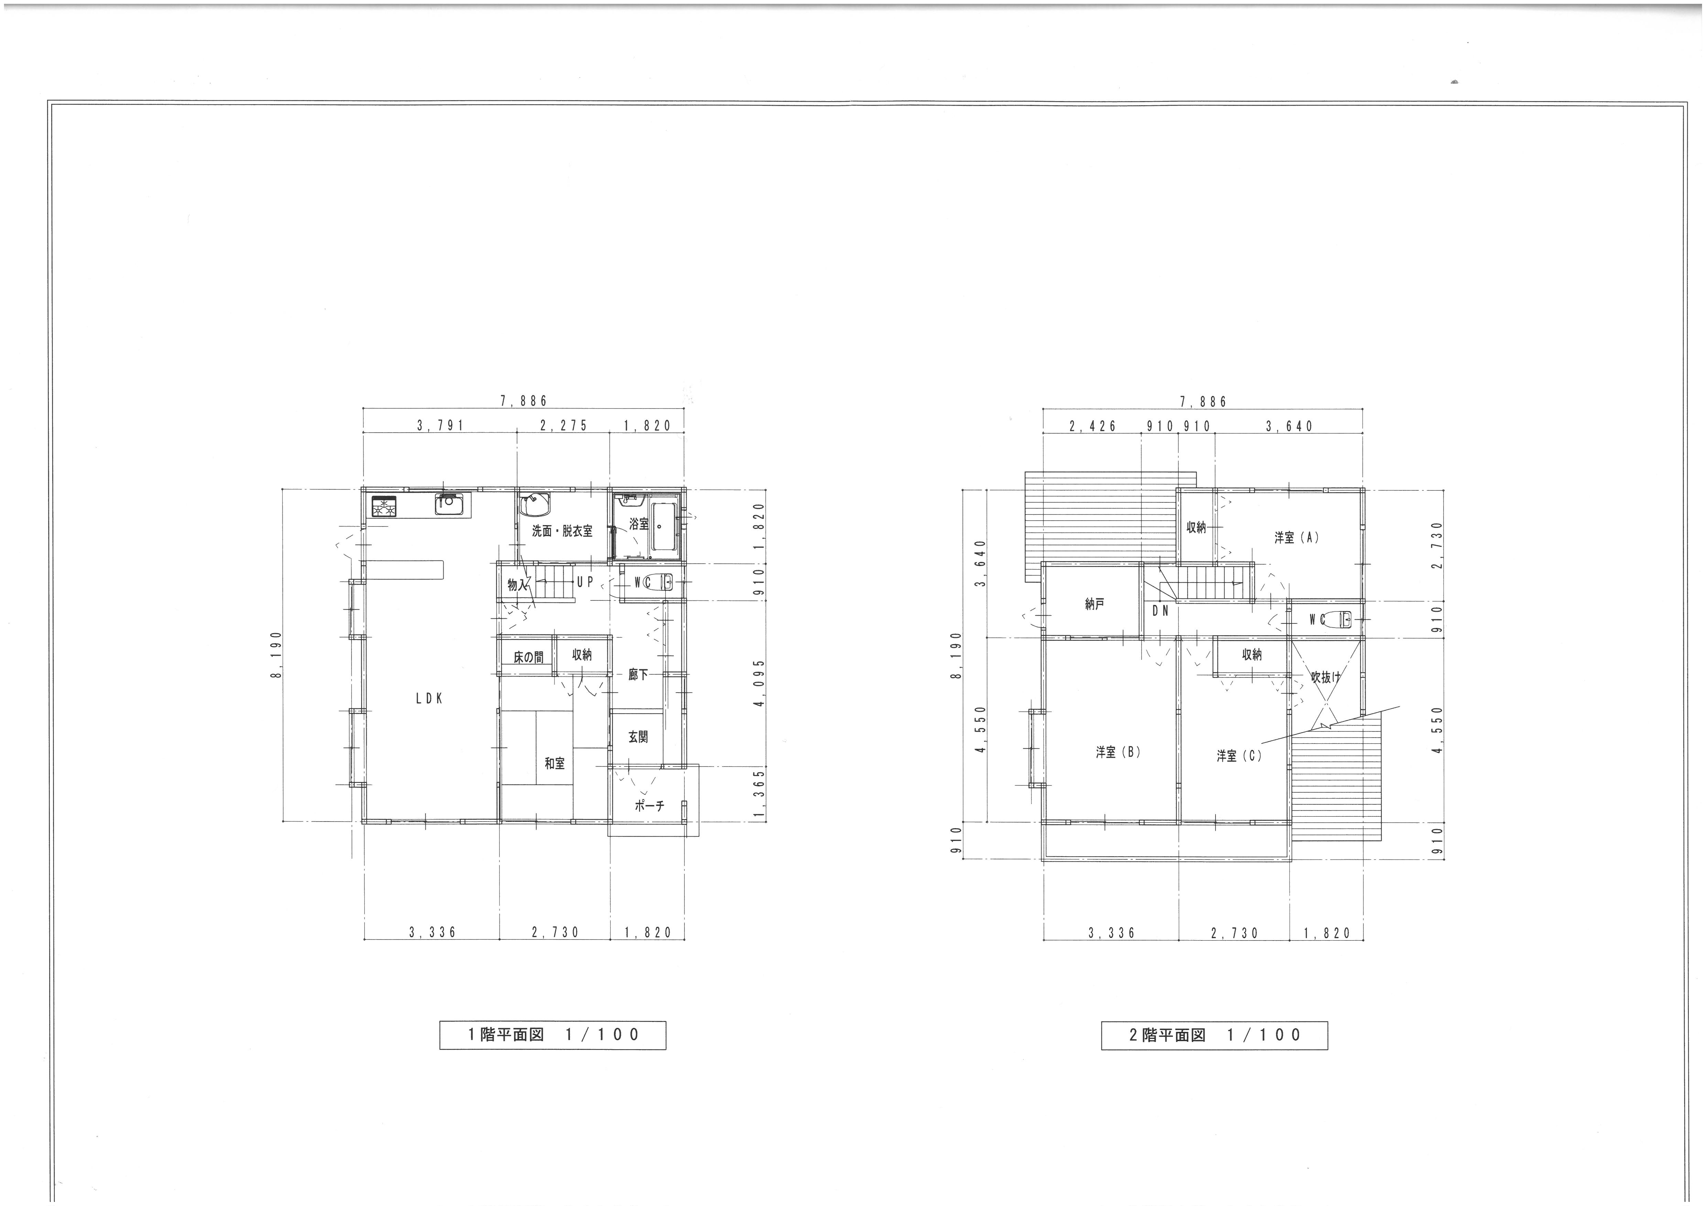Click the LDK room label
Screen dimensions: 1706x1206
[x=430, y=698]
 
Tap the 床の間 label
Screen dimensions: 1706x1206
[x=528, y=658]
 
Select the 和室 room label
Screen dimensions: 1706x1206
[x=554, y=763]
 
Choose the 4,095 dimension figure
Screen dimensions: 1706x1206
[x=759, y=684]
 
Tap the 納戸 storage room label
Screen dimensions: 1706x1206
[x=1094, y=605]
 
